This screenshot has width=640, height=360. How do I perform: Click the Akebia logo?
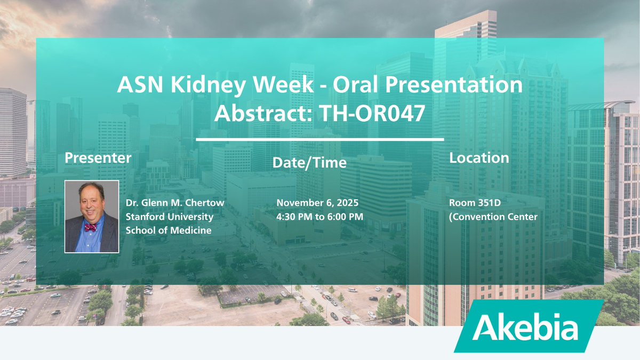click(x=529, y=326)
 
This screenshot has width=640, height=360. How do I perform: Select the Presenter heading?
click(x=98, y=158)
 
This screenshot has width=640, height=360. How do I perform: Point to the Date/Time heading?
click(x=309, y=163)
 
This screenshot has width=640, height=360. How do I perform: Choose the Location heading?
click(x=479, y=158)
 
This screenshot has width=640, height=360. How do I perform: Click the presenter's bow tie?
click(x=90, y=227)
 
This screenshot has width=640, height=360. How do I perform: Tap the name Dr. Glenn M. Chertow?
click(x=175, y=203)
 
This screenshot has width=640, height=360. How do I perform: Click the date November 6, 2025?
click(x=317, y=203)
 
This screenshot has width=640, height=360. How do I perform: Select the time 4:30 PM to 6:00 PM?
click(x=319, y=217)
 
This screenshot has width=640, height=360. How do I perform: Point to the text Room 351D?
click(x=475, y=203)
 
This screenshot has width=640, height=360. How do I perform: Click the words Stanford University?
click(x=170, y=217)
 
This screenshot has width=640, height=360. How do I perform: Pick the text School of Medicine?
click(x=169, y=230)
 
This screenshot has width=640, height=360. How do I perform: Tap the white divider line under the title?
click(x=319, y=139)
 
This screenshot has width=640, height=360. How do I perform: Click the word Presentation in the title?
click(x=454, y=85)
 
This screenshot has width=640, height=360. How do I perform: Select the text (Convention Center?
click(x=493, y=217)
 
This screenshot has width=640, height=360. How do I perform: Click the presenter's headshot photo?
click(x=92, y=217)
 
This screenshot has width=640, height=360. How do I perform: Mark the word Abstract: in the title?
click(x=263, y=113)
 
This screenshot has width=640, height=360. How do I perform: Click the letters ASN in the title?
click(x=140, y=85)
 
